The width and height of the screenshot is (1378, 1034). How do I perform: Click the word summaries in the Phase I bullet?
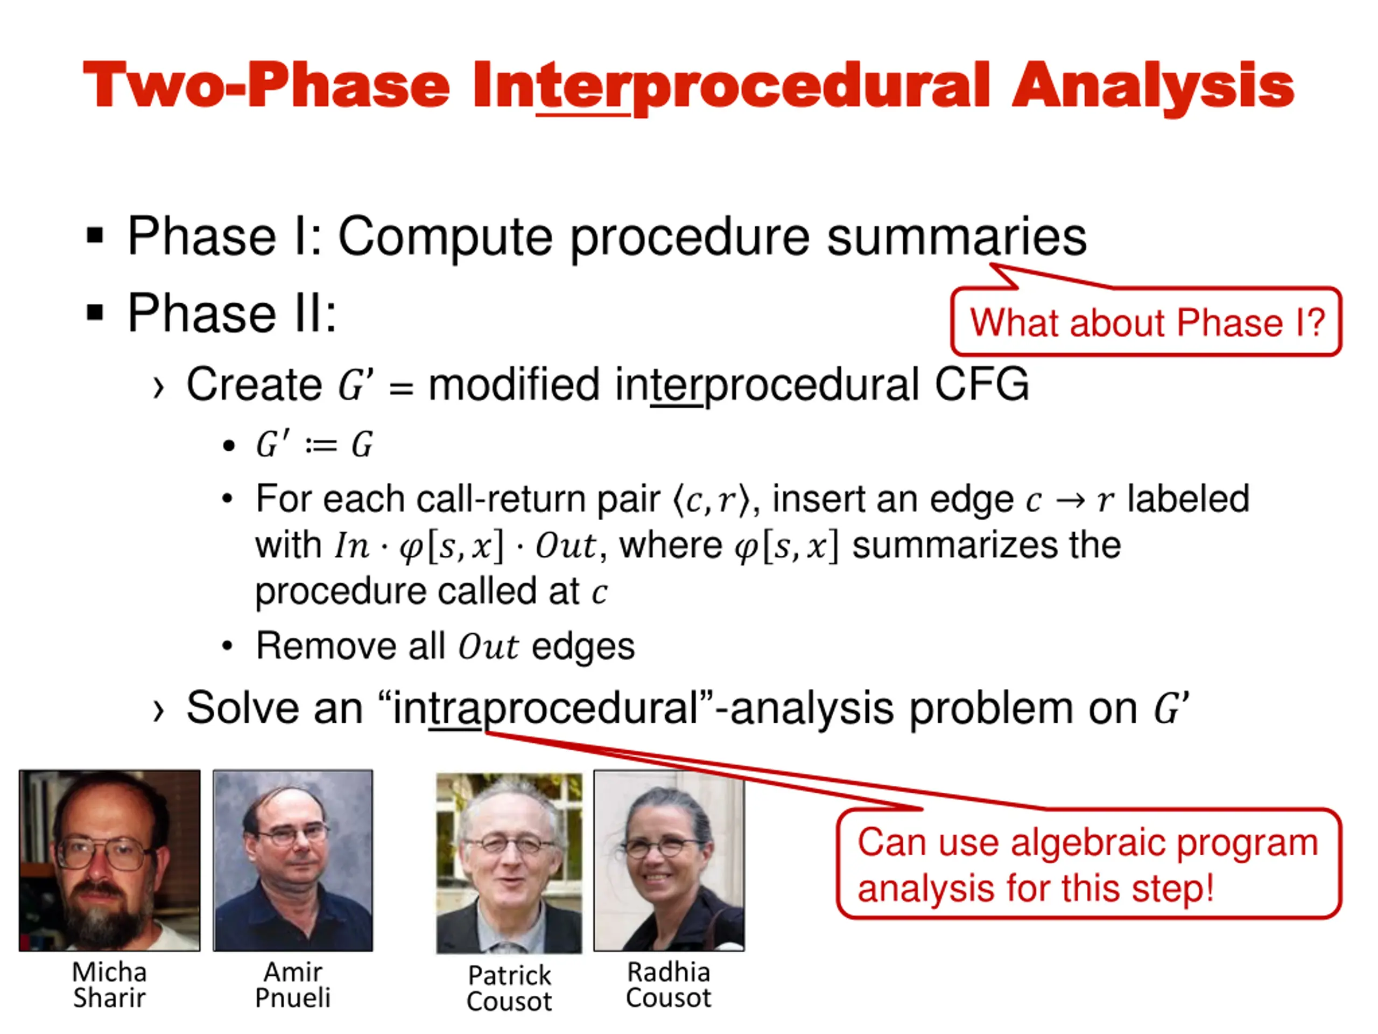956,237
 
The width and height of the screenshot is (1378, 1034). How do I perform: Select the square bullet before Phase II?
95,312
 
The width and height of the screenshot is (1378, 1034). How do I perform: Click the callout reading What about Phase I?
1146,322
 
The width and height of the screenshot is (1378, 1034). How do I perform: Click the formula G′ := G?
314,445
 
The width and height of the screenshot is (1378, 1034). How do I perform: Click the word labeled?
1188,499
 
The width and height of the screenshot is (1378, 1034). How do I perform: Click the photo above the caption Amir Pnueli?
293,861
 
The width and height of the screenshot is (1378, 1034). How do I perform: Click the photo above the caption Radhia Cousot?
669,861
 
